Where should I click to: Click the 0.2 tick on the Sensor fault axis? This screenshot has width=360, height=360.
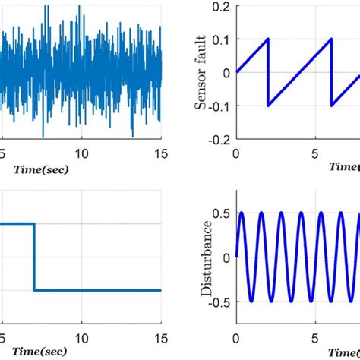pos(221,6)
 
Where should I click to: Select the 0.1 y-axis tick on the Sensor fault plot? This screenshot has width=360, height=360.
pos(221,39)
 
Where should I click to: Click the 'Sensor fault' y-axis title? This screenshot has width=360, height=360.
pos(201,73)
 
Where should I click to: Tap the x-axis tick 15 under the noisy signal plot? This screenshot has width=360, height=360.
pos(162,153)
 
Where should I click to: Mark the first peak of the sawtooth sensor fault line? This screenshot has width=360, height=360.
pos(267,39)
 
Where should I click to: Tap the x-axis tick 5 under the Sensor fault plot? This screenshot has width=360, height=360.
pos(314,153)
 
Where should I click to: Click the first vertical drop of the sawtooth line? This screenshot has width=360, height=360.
pos(268,73)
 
